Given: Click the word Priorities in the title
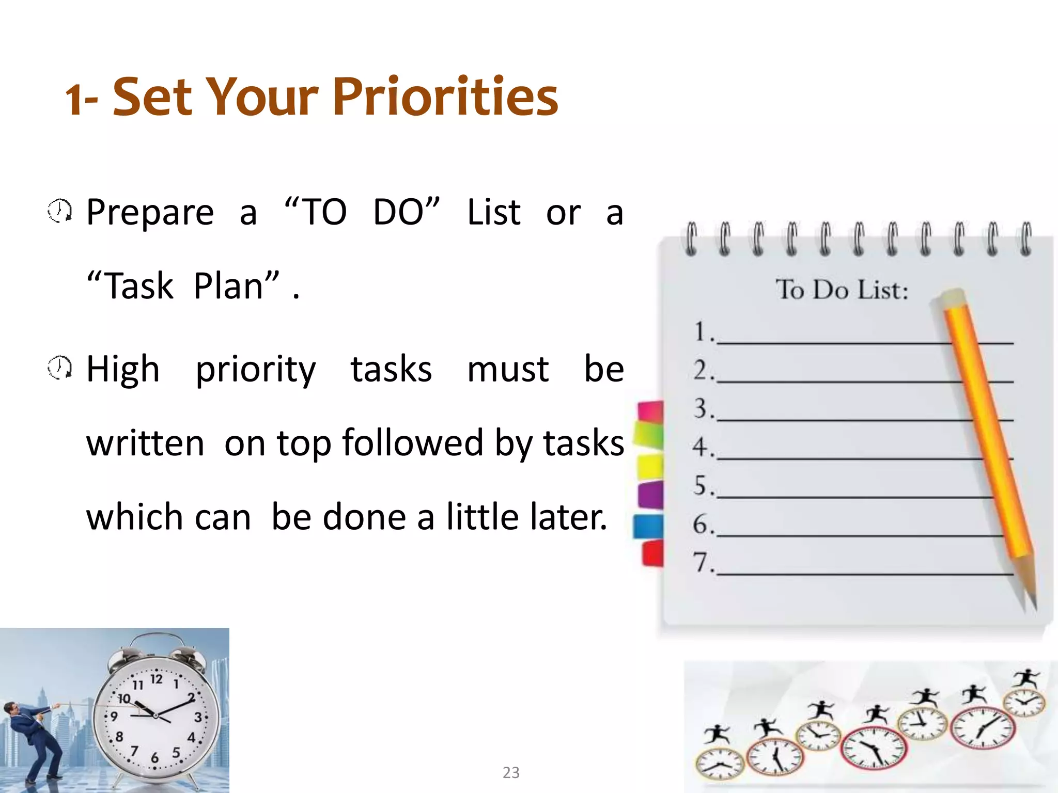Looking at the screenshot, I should tap(445, 97).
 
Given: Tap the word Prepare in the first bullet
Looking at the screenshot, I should tap(150, 213).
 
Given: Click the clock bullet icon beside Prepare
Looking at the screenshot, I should tap(60, 211).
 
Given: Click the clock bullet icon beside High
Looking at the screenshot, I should tap(60, 368).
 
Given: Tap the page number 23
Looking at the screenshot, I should tap(511, 772).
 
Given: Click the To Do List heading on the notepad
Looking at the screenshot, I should tap(842, 290).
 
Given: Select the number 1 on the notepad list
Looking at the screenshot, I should tap(701, 331).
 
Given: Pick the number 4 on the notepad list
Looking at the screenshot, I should tap(701, 447).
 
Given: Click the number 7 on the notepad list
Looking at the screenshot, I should tap(701, 562).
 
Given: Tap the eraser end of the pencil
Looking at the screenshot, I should tap(952, 298).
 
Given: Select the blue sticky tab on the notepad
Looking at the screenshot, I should tap(649, 527).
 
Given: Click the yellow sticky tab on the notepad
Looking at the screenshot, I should tap(650, 467).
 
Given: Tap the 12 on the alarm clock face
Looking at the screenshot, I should tap(156, 679).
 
